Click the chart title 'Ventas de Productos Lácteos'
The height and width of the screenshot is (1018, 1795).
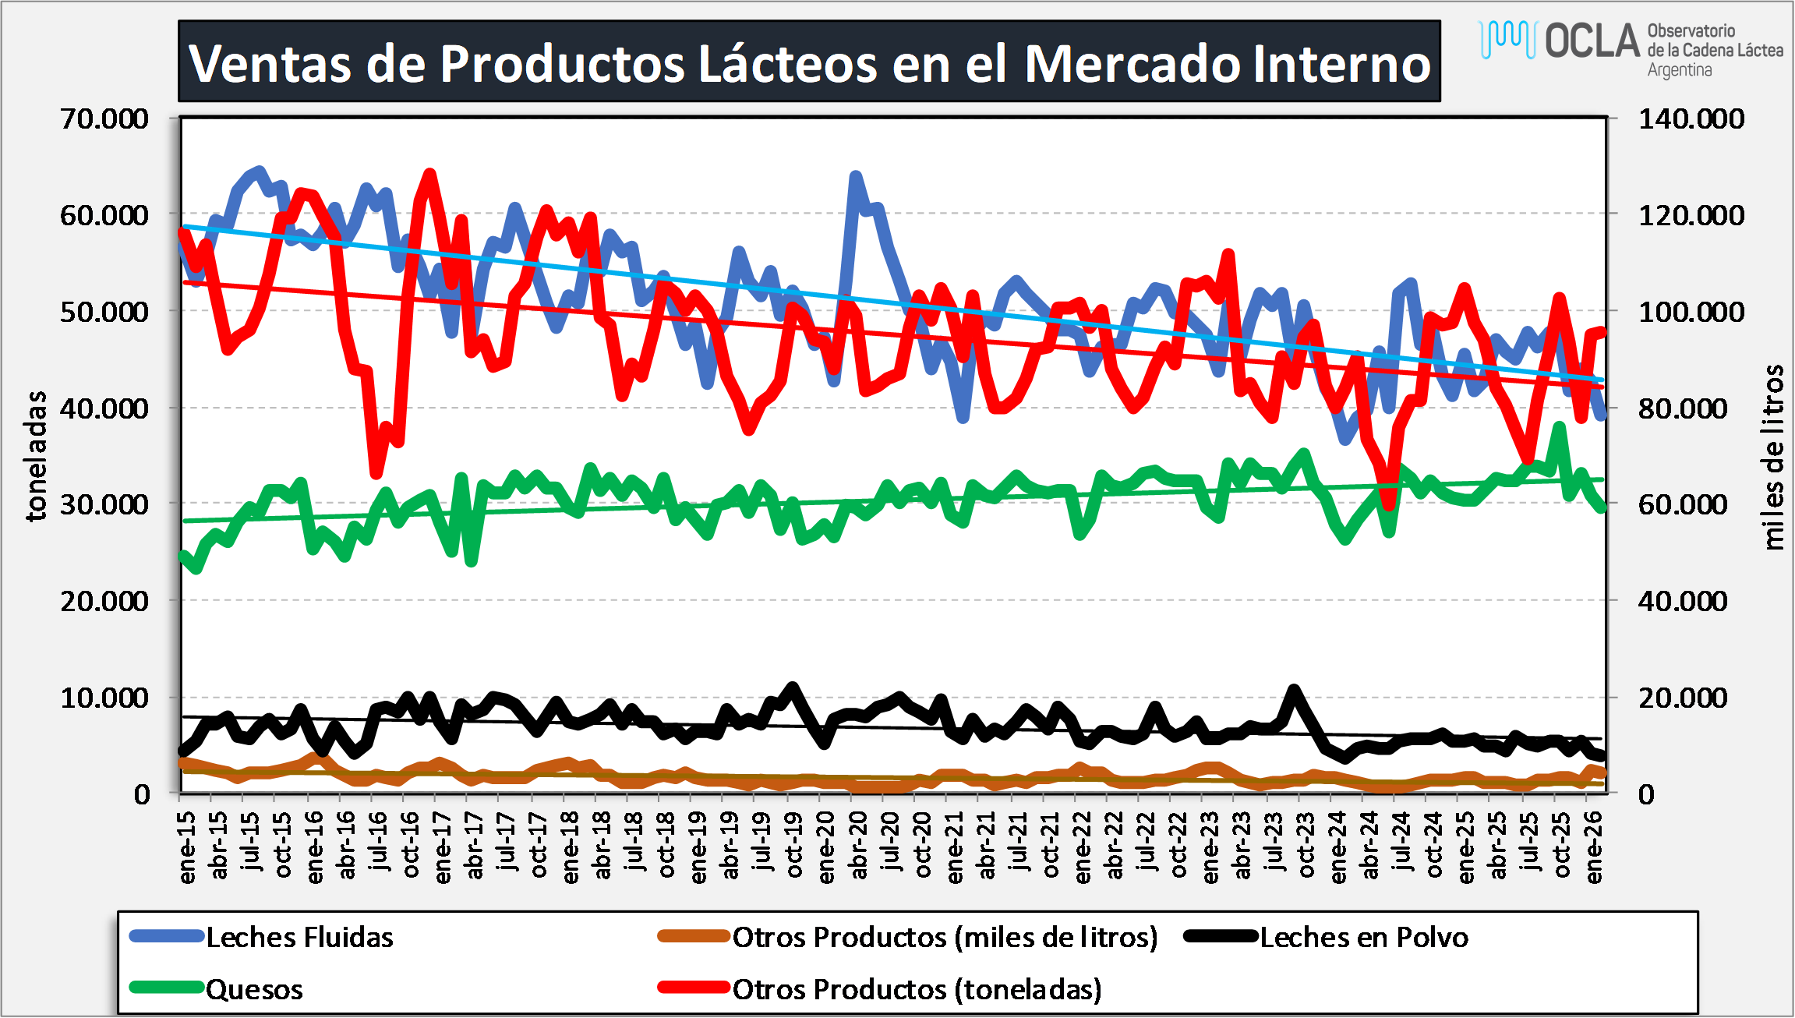[809, 62]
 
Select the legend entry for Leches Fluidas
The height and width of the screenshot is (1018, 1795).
[299, 937]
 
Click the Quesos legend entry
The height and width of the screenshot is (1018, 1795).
[254, 989]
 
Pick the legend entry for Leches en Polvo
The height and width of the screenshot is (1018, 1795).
[1363, 937]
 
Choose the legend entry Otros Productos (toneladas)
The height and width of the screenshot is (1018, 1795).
[917, 989]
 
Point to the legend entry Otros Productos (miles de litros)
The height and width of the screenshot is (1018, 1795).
[945, 937]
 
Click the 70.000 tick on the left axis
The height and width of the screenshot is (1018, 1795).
[104, 119]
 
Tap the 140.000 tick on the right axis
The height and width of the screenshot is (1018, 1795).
[1691, 119]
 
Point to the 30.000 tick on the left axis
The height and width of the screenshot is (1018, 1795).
[104, 504]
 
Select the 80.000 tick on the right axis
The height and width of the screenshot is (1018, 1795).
[1683, 408]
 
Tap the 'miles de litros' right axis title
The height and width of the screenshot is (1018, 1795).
[1772, 457]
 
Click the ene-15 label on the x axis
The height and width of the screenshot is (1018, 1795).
[187, 847]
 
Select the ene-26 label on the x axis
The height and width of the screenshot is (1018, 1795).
[1594, 847]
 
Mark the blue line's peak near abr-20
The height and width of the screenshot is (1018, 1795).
[856, 176]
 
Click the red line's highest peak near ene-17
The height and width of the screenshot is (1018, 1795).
[429, 173]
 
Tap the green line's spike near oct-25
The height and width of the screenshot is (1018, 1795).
[1560, 426]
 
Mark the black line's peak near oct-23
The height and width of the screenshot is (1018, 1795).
[1295, 690]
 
